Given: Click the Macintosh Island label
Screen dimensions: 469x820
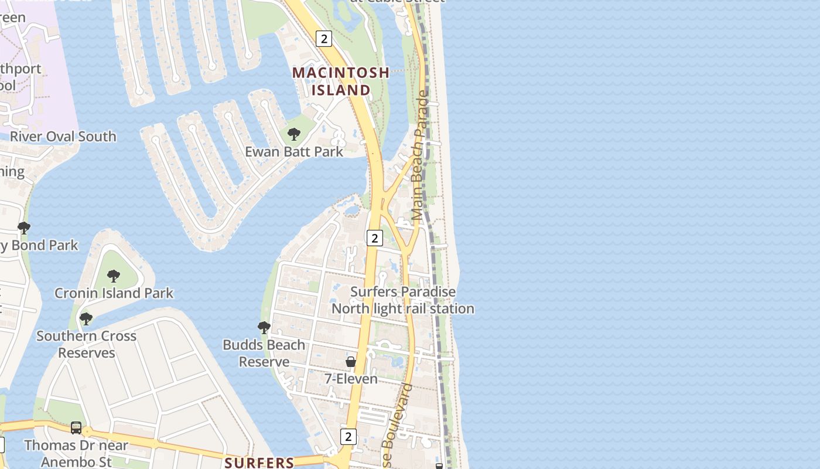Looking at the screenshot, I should [341, 81].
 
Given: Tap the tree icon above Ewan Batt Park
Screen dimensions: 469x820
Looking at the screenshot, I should [294, 134].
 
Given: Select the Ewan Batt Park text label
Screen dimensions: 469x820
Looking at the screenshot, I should [294, 151].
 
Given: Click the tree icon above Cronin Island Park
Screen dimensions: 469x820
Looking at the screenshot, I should [114, 276].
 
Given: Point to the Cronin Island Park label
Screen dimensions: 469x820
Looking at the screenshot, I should [114, 293].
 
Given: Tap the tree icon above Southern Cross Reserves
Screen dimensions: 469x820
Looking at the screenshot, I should [86, 319].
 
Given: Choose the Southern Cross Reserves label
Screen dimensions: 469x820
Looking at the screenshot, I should [86, 344].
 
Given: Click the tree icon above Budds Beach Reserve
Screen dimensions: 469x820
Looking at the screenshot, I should [264, 327].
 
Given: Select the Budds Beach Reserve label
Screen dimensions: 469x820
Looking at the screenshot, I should [264, 353].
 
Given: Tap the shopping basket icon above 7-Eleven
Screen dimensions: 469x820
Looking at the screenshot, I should [351, 362].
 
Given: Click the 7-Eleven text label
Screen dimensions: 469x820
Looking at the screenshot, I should [351, 379].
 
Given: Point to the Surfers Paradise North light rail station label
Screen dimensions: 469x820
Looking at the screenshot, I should [403, 300].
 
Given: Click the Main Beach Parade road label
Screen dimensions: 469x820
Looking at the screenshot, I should [420, 155].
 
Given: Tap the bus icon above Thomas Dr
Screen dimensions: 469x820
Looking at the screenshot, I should [76, 428].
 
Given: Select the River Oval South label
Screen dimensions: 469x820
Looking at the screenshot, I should [63, 137].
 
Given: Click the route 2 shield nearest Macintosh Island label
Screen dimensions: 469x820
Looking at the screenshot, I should [323, 39].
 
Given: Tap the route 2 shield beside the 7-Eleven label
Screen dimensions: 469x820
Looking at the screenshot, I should [348, 436].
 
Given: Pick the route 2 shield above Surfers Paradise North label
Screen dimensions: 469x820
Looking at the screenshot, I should [374, 237].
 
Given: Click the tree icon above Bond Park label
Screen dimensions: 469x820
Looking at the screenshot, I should [24, 227].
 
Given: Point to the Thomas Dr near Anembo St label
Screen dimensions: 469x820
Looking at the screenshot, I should [76, 453].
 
